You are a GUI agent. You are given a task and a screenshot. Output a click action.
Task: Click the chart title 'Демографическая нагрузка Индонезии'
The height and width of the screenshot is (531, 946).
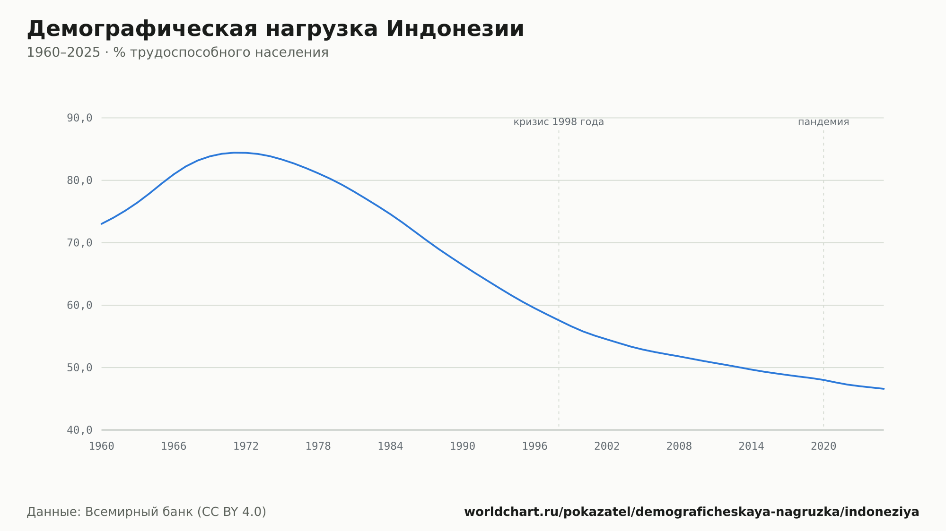tap(275, 29)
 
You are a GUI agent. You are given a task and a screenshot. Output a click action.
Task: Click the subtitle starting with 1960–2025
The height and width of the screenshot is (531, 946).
tap(177, 52)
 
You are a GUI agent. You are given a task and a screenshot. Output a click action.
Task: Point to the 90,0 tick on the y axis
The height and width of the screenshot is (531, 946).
tap(79, 118)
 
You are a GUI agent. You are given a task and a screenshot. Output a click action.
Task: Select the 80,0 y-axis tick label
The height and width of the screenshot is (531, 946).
tap(79, 180)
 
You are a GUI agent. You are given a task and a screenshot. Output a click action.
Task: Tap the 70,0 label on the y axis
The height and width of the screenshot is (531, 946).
tap(79, 243)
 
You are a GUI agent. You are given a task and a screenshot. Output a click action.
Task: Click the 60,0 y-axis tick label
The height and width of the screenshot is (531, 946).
tap(79, 305)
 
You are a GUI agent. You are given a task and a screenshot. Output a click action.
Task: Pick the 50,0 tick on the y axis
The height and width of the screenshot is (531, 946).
tap(79, 368)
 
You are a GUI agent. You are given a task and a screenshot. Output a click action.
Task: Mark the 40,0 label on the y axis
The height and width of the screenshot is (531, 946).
tap(79, 430)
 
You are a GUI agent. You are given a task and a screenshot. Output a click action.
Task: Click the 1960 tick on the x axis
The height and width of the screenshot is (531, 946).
tap(102, 446)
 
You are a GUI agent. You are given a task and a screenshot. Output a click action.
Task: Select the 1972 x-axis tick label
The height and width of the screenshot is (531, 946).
tap(246, 446)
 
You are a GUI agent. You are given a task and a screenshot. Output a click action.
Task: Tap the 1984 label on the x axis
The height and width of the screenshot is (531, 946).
tap(390, 446)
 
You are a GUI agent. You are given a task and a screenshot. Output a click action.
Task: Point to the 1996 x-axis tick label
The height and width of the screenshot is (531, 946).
tap(534, 446)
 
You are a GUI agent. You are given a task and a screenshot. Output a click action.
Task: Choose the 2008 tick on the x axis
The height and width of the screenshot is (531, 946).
tap(679, 446)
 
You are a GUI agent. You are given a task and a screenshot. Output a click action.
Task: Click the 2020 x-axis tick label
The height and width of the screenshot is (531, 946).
tap(823, 446)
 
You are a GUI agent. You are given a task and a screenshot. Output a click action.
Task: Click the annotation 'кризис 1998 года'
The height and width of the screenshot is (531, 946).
tap(559, 122)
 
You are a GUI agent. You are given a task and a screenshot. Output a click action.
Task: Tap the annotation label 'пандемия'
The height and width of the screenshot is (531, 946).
tap(823, 122)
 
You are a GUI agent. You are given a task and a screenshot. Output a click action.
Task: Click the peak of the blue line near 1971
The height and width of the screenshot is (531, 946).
tap(234, 153)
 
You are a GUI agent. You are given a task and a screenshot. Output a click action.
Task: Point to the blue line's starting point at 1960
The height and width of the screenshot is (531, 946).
tap(102, 224)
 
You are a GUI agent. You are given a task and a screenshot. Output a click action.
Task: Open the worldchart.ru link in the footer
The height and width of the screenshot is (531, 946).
tap(692, 512)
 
